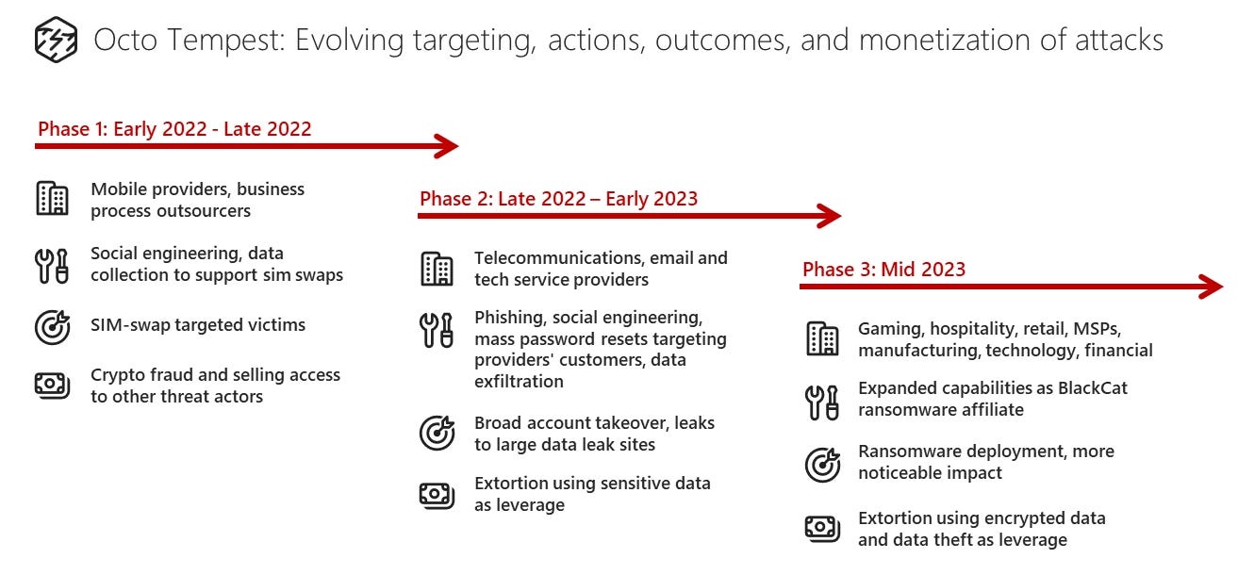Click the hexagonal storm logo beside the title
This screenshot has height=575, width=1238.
coord(56,40)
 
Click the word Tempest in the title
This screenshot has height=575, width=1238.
coord(225,41)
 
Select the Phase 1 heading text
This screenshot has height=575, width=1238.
coord(174,129)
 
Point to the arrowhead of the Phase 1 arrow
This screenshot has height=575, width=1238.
coord(447,146)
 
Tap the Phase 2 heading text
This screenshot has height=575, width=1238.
coord(559,198)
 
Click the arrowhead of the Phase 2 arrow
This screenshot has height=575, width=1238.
coord(829,216)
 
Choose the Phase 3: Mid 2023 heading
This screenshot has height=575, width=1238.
coord(883,269)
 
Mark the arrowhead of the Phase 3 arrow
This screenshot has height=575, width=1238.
coord(1211,287)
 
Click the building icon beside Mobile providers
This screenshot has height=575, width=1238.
coord(53,198)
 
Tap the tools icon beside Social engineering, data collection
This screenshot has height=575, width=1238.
coord(52,266)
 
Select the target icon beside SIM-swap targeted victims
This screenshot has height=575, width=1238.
coord(53,326)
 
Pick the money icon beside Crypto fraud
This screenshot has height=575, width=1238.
coord(53,385)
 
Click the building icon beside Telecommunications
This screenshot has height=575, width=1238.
coord(437,269)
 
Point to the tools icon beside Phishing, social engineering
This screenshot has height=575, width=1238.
coord(436,330)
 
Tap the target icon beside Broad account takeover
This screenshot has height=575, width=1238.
coord(437,433)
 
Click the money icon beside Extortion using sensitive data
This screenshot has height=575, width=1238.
coord(437,495)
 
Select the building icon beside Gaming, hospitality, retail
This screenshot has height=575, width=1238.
coord(822,338)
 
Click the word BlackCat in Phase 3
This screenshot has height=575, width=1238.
coord(1092,387)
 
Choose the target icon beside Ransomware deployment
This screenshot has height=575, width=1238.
coord(822,465)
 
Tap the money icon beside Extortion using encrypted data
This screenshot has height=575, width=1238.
coord(822,529)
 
